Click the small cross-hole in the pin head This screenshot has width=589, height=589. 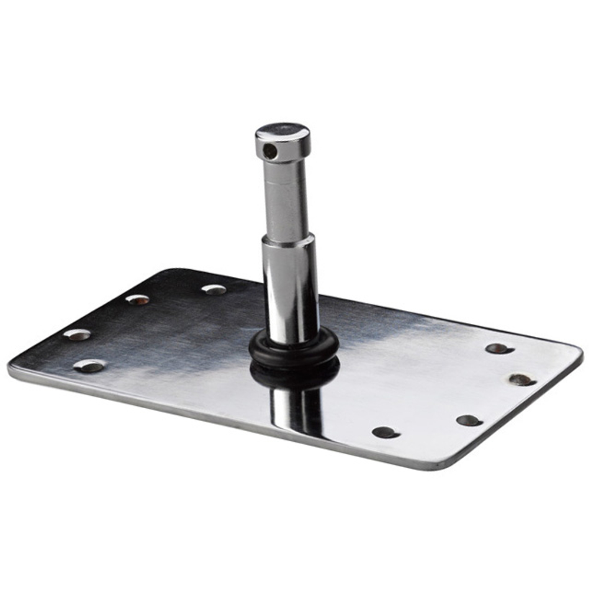[x=269, y=152]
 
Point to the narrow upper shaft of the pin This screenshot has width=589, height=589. [x=286, y=200]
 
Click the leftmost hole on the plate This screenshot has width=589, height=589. [x=77, y=335]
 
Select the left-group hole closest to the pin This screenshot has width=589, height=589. [x=214, y=289]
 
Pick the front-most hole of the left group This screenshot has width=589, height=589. [x=90, y=366]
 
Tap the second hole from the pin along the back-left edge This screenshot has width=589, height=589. [x=138, y=299]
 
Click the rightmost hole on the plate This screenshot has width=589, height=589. [x=522, y=380]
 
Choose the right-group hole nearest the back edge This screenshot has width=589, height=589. [x=499, y=349]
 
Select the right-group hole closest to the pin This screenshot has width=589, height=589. [x=386, y=432]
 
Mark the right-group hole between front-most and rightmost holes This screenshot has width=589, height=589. [x=469, y=421]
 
